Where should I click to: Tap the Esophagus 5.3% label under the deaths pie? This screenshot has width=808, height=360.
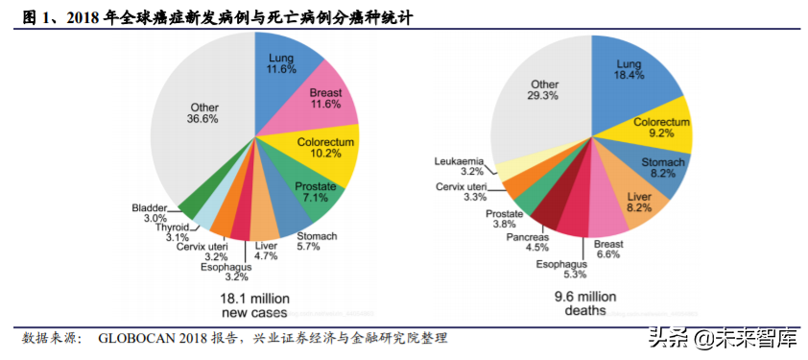tap(560, 269)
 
